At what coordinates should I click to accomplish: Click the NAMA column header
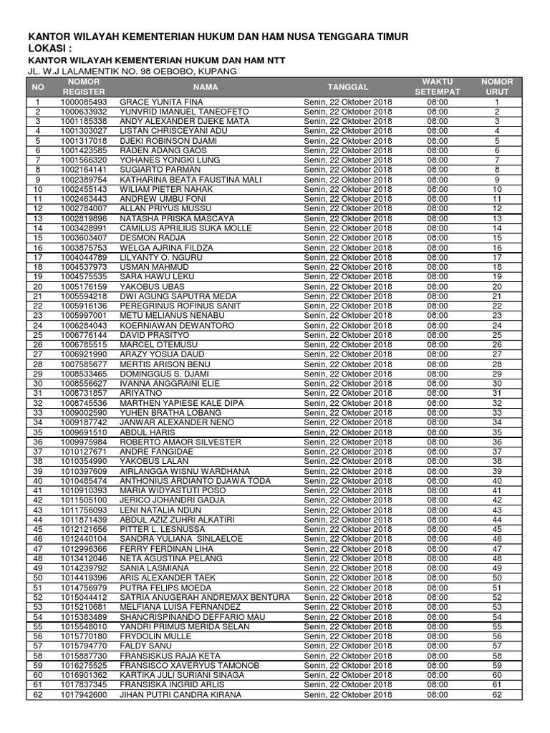205,87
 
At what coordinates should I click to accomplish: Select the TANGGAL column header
348,87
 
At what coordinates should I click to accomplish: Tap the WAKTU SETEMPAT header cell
438,87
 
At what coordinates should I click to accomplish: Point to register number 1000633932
84,112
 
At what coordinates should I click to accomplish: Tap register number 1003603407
84,238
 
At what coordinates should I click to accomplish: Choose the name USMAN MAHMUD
149,267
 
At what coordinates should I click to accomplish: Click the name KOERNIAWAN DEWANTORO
168,325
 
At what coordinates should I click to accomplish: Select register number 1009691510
84,432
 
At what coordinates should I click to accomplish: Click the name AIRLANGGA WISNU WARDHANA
184,471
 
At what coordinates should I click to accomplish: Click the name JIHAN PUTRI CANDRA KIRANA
180,694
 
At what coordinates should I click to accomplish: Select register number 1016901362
84,675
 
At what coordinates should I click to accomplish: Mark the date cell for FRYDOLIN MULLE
348,636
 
